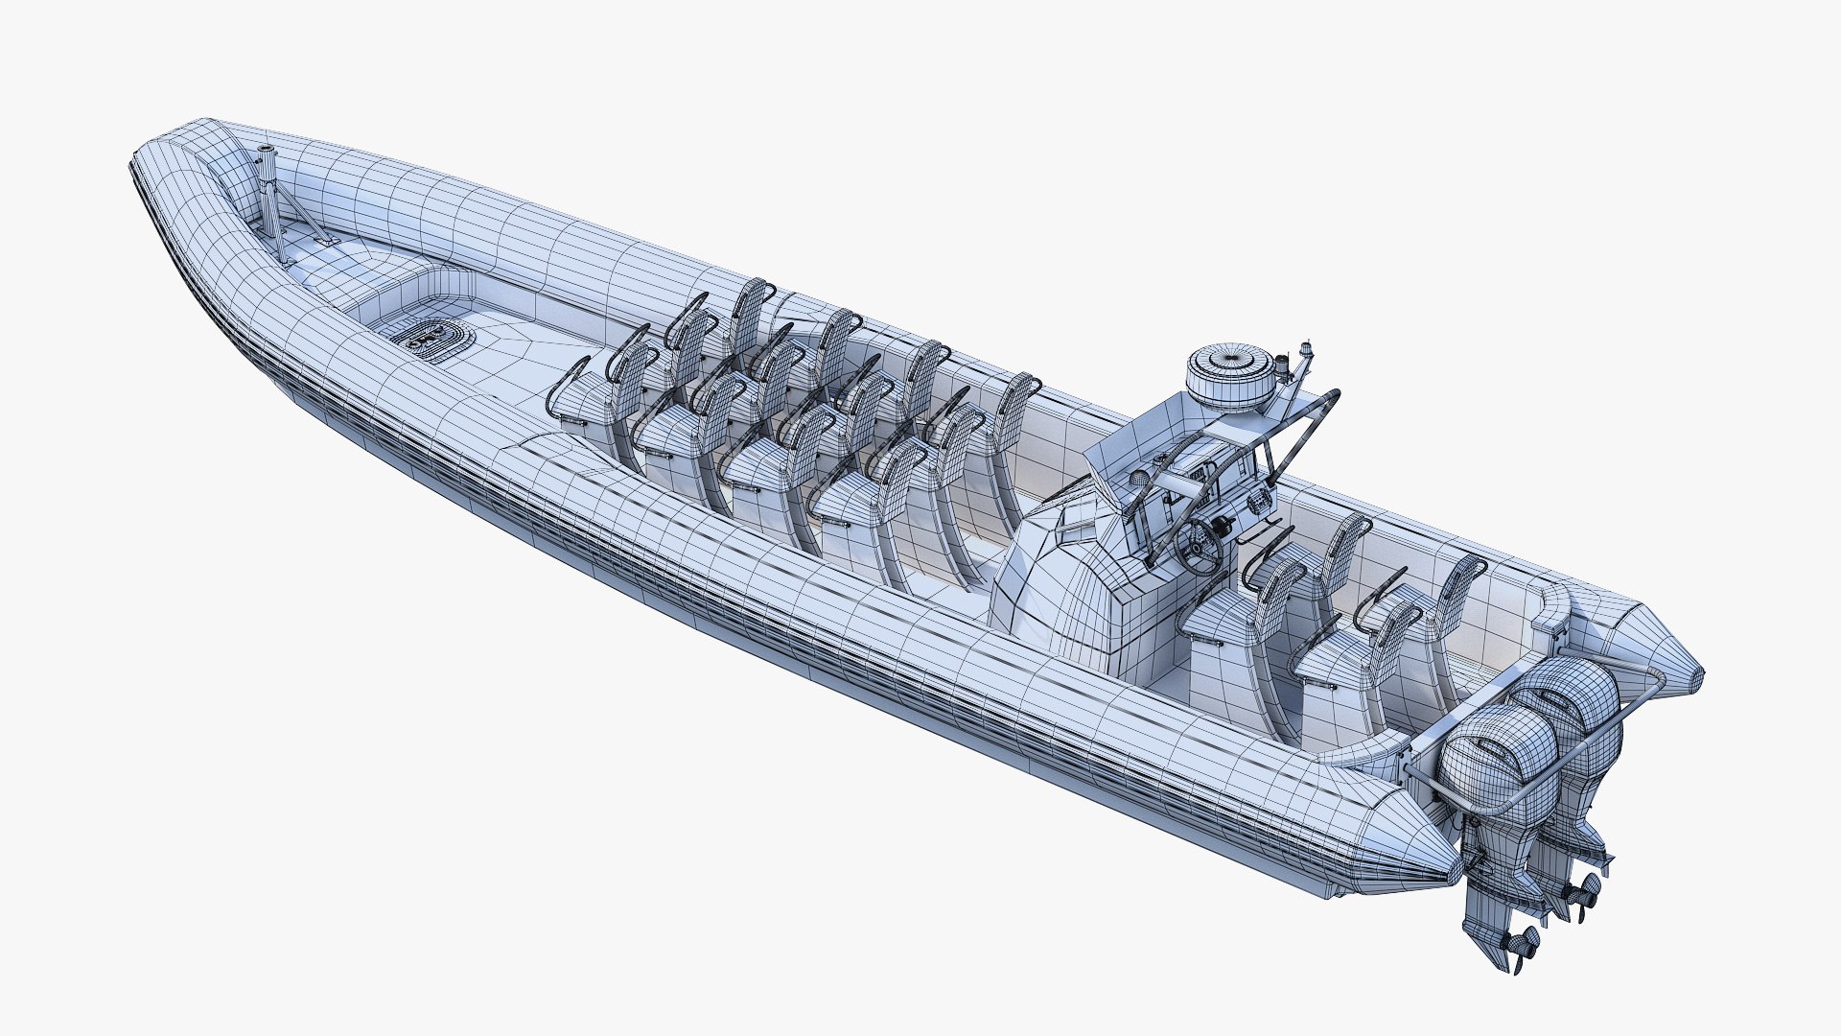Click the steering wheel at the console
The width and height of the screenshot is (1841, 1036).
point(1199,548)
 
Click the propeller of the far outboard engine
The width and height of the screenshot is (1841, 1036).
point(1580,892)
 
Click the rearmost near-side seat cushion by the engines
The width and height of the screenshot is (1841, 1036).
point(1338,662)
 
